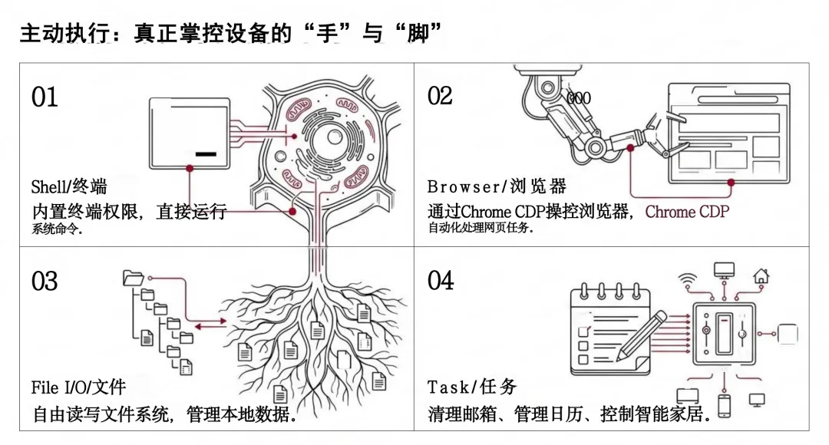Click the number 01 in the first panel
pos(45,97)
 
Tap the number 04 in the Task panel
pos(441,281)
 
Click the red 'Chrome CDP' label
pos(687,212)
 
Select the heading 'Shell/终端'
pos(69,186)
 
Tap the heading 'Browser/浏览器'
pos(497,186)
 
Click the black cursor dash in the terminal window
pos(206,154)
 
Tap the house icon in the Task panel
pos(761,274)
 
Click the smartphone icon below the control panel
pos(723,404)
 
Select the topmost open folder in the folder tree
pos(133,277)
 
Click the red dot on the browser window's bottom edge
pos(730,183)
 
